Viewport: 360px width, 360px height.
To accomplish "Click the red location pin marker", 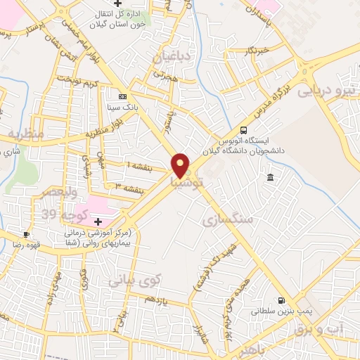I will point(181,165).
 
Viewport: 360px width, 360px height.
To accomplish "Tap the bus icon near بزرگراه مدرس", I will point(243,130).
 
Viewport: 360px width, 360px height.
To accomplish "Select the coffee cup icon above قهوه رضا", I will point(26,234).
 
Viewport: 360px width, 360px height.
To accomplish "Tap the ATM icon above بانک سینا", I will point(123,96).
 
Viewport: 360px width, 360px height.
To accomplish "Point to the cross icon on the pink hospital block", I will point(98,221).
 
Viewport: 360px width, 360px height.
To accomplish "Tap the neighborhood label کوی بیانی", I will point(134,279).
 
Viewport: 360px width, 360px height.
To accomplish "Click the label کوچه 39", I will point(63,214).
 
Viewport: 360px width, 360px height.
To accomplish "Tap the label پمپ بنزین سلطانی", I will point(279,309).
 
